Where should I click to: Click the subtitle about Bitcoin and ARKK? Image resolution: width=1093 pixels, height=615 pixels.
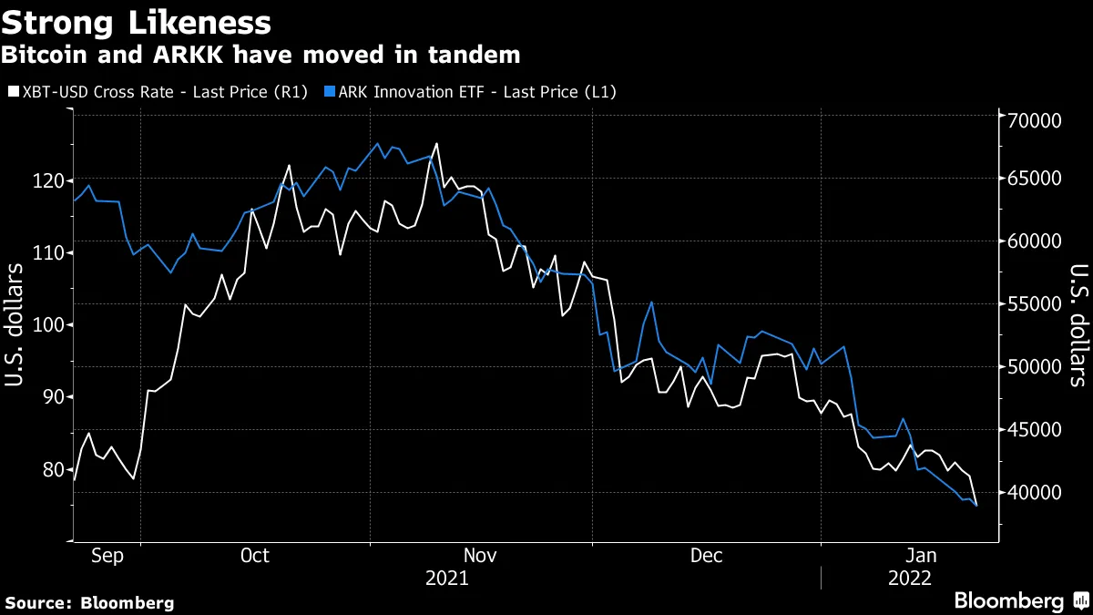click(260, 55)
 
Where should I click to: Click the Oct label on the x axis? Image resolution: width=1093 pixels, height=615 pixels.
click(254, 555)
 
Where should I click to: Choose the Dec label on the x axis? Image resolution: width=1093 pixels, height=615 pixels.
click(707, 555)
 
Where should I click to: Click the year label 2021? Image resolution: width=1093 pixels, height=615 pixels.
click(447, 579)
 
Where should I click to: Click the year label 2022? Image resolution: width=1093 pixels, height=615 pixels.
click(910, 579)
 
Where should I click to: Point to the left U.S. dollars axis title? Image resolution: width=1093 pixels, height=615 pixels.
click(15, 325)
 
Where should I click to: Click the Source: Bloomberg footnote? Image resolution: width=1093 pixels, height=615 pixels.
click(89, 602)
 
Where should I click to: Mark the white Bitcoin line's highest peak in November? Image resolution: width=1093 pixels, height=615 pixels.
click(436, 144)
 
